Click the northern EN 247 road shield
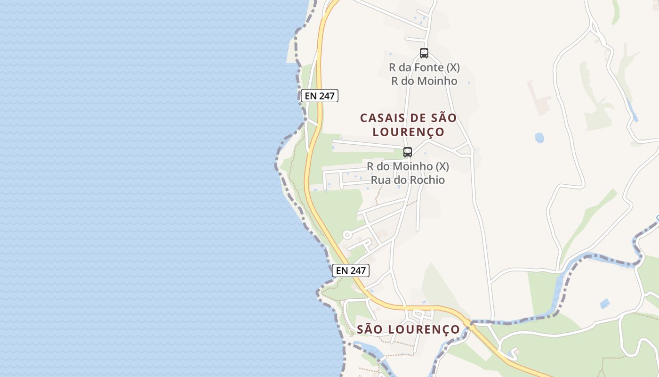(x=320, y=96)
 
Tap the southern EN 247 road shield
(x=351, y=270)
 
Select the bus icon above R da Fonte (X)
(x=424, y=53)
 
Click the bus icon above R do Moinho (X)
(x=408, y=152)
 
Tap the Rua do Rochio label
(x=408, y=180)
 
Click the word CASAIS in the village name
(x=380, y=118)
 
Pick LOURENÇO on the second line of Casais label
(x=409, y=131)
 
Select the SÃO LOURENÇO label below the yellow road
(x=408, y=329)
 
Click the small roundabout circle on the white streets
(x=347, y=234)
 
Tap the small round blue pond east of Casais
(x=539, y=138)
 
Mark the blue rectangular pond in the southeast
(x=605, y=303)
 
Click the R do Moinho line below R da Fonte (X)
(x=424, y=81)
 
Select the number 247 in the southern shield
(x=357, y=270)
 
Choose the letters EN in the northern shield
(x=311, y=96)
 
